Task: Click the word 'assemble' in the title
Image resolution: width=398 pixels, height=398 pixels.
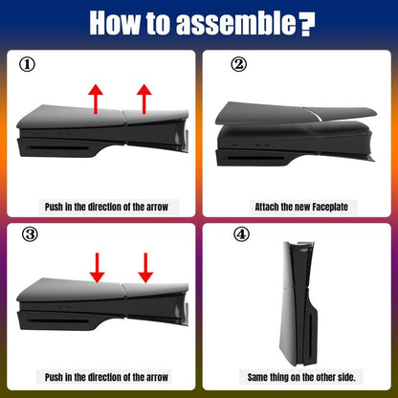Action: [236, 23]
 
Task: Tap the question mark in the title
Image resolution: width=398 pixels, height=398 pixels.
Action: [308, 25]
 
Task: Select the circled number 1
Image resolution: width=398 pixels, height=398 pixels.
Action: [28, 65]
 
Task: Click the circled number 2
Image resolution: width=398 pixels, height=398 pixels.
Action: [239, 65]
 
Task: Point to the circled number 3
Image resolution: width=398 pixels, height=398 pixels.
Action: [30, 234]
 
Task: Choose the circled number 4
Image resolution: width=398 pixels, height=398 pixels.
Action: [241, 234]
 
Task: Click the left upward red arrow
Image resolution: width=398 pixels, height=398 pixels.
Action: [96, 99]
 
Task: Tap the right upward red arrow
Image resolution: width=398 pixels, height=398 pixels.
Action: [144, 99]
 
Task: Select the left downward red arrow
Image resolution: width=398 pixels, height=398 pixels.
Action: [97, 268]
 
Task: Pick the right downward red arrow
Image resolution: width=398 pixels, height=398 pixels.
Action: [145, 268]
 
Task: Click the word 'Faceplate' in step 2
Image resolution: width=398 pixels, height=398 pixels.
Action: [330, 207]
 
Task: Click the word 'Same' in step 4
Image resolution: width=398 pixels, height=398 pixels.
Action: [257, 377]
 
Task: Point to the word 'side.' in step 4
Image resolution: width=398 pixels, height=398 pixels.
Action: [346, 377]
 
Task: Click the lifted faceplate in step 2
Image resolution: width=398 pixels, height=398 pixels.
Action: [295, 113]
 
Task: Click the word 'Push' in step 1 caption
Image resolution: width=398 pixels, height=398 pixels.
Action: [54, 207]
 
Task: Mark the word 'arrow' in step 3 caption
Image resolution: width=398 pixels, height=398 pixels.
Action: [157, 378]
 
